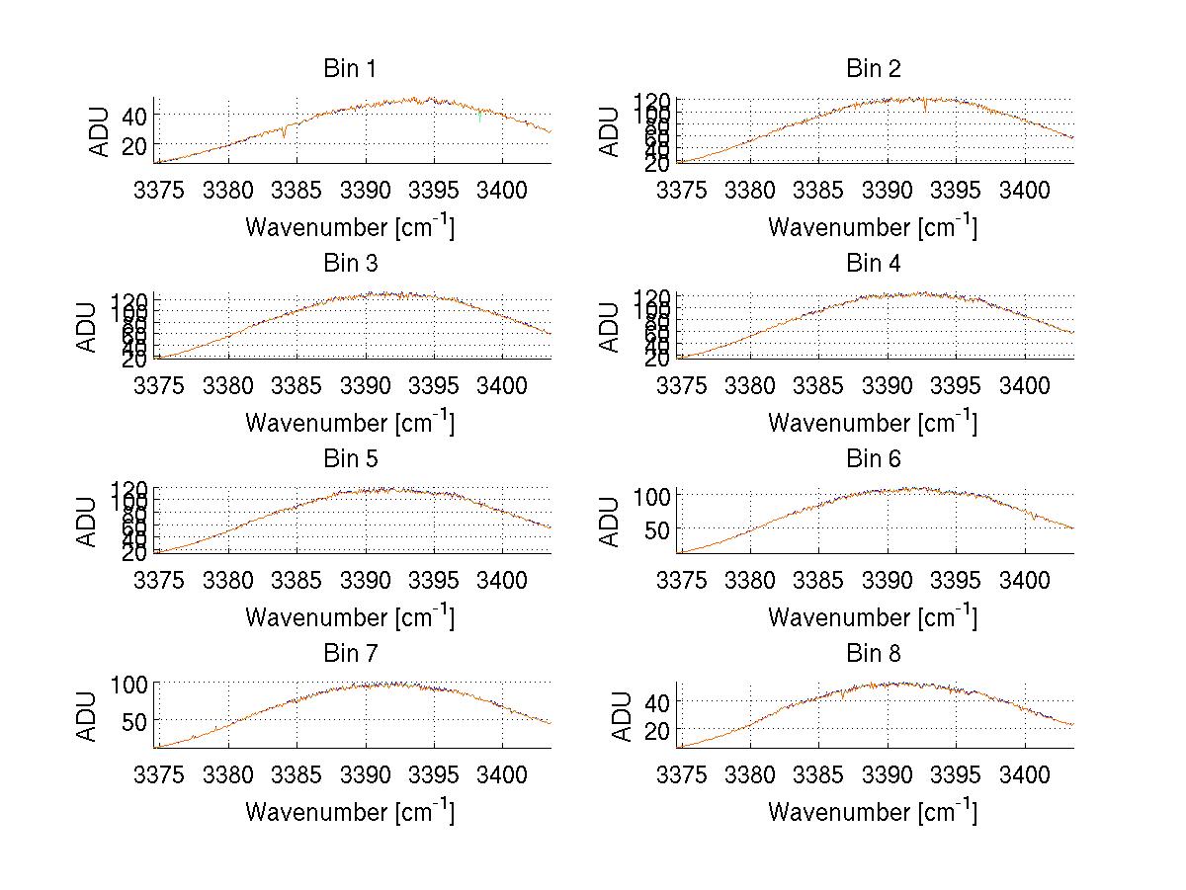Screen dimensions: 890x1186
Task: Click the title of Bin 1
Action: click(x=350, y=68)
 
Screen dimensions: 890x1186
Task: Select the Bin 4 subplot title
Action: click(x=874, y=264)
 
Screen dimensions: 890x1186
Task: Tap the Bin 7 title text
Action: click(x=350, y=654)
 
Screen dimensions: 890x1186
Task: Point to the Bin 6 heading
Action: click(x=874, y=458)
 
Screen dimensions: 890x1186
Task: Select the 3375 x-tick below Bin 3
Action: click(x=159, y=386)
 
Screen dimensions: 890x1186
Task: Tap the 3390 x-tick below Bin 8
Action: click(x=888, y=775)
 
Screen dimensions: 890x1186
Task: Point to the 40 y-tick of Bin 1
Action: click(x=135, y=115)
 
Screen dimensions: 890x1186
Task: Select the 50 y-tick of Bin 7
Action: click(x=135, y=720)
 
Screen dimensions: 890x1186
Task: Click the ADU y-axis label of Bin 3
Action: click(x=89, y=326)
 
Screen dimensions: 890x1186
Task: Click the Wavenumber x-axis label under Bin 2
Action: click(x=873, y=227)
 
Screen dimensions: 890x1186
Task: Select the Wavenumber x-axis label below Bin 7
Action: click(x=350, y=812)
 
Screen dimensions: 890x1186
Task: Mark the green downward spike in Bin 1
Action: click(x=480, y=119)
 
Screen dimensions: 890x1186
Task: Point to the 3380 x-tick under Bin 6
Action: click(x=751, y=581)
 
